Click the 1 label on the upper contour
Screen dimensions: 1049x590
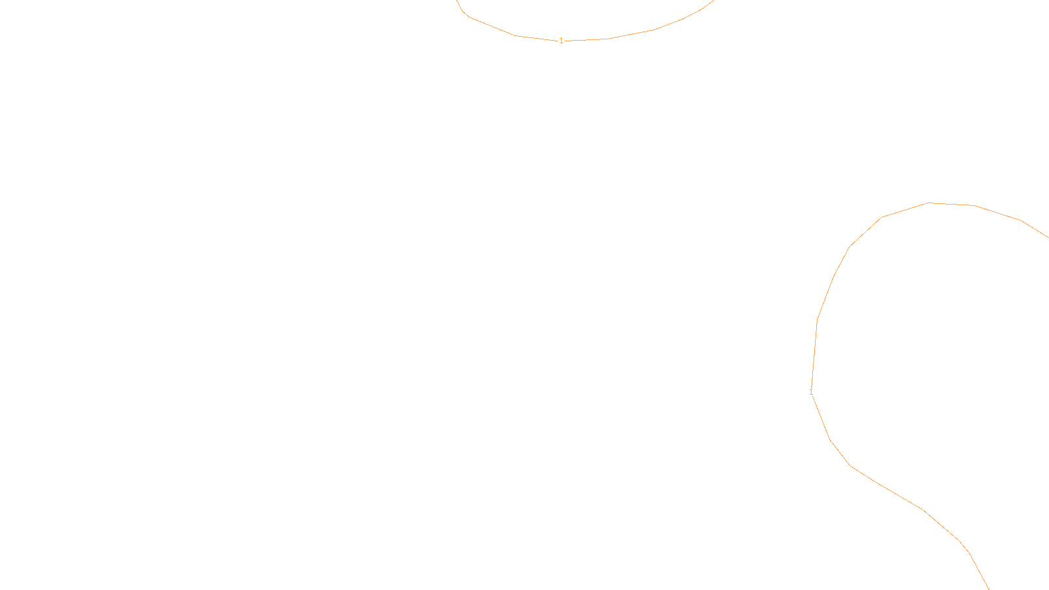pos(561,41)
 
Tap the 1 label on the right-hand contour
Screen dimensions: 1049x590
pos(812,391)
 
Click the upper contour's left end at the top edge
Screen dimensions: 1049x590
pos(458,1)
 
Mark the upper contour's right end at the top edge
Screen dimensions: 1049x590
pos(713,1)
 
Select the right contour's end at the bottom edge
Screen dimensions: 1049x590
pos(989,589)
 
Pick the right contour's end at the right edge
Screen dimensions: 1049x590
pos(1048,237)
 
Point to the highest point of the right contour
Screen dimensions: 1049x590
pos(929,203)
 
